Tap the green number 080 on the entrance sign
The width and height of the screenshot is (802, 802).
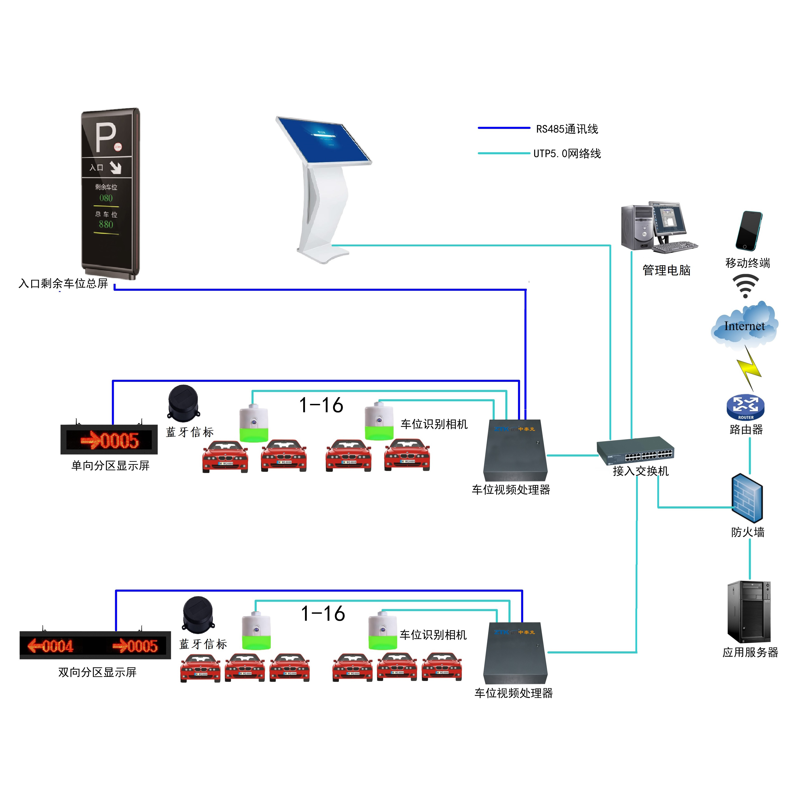pos(106,198)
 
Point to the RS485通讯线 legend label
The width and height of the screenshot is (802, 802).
pos(567,129)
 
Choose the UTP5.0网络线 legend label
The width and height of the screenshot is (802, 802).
pos(567,154)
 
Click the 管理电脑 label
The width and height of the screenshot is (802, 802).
pos(666,270)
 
